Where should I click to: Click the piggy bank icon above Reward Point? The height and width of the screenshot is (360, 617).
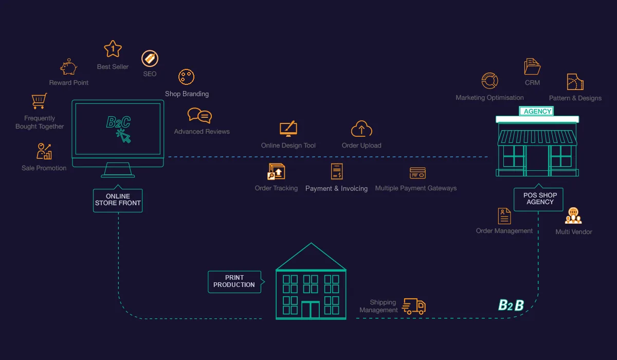click(68, 67)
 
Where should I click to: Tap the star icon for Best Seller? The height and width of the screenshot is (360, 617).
click(113, 49)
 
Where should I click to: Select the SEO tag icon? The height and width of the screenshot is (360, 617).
click(150, 59)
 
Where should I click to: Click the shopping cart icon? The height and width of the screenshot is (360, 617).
click(39, 101)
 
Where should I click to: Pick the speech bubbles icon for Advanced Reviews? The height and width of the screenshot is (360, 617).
click(199, 115)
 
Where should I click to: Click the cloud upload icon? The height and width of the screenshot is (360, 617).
click(361, 129)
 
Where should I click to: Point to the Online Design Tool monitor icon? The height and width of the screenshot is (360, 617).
click(288, 129)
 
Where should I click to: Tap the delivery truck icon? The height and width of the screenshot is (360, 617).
click(414, 307)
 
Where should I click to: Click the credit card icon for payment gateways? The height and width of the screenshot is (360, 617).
click(418, 173)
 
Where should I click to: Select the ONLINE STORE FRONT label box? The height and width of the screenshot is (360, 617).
click(118, 200)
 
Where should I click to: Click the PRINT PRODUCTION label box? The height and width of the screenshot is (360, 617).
click(234, 282)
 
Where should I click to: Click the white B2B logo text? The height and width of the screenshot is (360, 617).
click(511, 305)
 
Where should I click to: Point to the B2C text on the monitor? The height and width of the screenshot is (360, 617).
click(118, 122)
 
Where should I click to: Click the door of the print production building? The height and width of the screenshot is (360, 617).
click(311, 310)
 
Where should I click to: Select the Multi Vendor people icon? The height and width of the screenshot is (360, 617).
click(573, 215)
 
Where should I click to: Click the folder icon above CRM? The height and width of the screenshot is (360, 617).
click(532, 66)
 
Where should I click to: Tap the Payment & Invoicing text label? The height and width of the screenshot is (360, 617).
click(336, 188)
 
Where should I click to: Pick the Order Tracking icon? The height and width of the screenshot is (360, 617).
click(276, 171)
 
